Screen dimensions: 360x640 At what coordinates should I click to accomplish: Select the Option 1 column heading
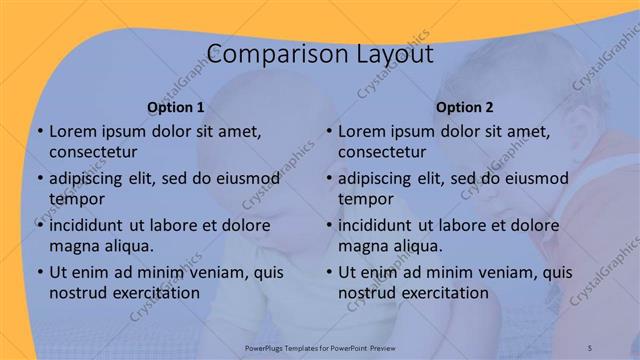(x=176, y=106)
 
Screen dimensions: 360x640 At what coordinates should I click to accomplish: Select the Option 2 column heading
(x=465, y=106)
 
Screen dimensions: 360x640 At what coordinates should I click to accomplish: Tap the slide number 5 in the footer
(x=589, y=345)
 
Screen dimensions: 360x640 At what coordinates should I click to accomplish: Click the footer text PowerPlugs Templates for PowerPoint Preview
(x=319, y=345)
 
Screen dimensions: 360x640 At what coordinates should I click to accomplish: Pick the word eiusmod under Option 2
(x=536, y=178)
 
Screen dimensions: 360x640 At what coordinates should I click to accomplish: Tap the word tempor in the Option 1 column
(x=72, y=199)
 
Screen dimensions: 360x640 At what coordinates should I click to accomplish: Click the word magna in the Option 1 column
(x=72, y=246)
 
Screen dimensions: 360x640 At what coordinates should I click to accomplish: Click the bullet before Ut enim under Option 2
(x=329, y=272)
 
